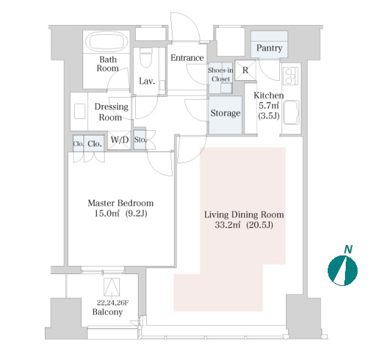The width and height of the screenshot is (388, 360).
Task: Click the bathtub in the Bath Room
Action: click(107, 42)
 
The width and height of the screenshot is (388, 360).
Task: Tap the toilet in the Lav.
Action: click(145, 57)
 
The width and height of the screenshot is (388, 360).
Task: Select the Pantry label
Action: click(270, 48)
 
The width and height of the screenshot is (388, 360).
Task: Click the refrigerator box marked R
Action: click(245, 71)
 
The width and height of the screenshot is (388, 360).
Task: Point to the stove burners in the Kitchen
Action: click(290, 76)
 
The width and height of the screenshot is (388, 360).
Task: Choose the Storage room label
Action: click(225, 114)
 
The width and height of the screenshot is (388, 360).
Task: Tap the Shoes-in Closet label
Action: click(220, 75)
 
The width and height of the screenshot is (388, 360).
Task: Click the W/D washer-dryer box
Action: click(119, 140)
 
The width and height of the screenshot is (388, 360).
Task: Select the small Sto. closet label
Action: click(140, 140)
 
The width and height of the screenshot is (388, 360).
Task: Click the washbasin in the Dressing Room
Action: click(80, 111)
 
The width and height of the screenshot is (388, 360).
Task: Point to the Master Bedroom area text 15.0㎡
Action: click(107, 213)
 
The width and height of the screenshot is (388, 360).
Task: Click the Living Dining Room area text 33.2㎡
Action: click(228, 225)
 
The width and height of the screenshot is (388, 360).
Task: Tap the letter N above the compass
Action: click(348, 249)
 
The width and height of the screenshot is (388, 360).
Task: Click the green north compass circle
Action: click(342, 271)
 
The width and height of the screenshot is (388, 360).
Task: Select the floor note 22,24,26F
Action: click(113, 303)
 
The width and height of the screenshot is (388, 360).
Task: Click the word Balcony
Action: click(107, 312)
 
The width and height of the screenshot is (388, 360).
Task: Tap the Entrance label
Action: click(187, 58)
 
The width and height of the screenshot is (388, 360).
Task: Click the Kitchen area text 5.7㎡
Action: click(269, 106)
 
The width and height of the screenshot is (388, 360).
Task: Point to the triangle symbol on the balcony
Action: click(112, 287)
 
